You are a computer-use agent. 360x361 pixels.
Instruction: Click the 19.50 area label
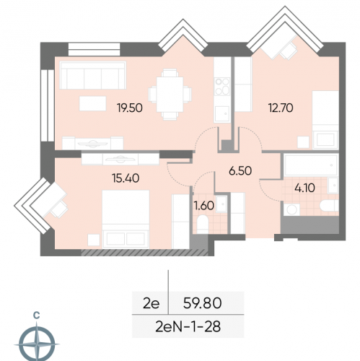pyautogui.click(x=130, y=108)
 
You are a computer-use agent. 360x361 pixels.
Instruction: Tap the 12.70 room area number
pyautogui.click(x=281, y=108)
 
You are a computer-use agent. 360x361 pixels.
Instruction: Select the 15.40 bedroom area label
pyautogui.click(x=126, y=178)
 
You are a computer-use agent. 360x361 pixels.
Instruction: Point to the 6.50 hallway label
pyautogui.click(x=240, y=171)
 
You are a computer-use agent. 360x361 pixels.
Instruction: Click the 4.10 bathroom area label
pyautogui.click(x=304, y=188)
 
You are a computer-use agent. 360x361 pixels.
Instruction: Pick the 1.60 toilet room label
pyautogui.click(x=204, y=206)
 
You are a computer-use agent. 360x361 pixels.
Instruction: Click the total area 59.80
pyautogui.click(x=202, y=303)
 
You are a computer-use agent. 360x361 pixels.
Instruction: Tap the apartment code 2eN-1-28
pyautogui.click(x=188, y=327)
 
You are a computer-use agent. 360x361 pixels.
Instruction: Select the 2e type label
pyautogui.click(x=151, y=303)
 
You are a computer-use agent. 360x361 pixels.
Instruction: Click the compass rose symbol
pyautogui.click(x=37, y=344)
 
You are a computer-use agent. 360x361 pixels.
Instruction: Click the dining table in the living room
pyautogui.click(x=170, y=95)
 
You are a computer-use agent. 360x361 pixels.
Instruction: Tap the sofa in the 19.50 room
pyautogui.click(x=93, y=75)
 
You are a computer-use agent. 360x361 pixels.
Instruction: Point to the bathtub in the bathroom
pyautogui.click(x=311, y=165)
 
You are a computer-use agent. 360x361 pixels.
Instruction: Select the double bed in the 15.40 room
pyautogui.click(x=126, y=219)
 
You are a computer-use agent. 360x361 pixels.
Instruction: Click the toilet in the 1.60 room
pyautogui.click(x=203, y=225)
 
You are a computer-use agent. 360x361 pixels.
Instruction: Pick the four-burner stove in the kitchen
pyautogui.click(x=222, y=87)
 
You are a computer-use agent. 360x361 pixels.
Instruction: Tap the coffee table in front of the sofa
pyautogui.click(x=93, y=103)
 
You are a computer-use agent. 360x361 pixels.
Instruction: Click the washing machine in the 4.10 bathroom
pyautogui.click(x=291, y=209)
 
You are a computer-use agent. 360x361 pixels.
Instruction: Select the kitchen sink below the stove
pyautogui.click(x=222, y=114)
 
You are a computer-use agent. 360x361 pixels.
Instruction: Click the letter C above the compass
pyautogui.click(x=37, y=315)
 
